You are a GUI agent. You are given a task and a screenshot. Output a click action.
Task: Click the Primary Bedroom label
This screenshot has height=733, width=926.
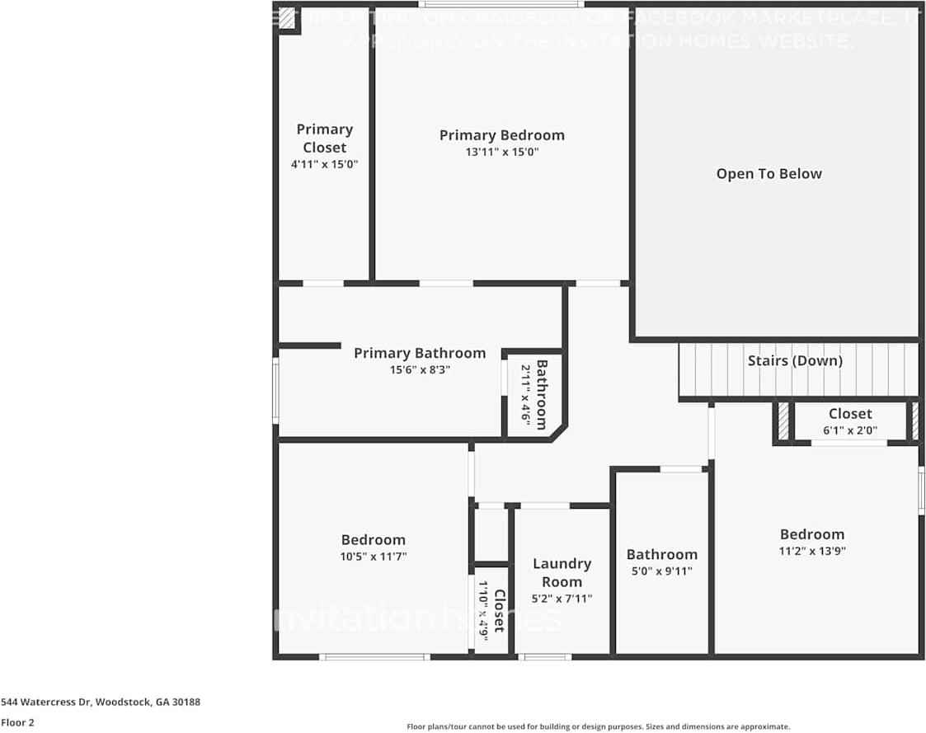tap(501, 135)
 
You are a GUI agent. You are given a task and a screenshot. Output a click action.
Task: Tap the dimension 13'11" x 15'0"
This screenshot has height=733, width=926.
tap(501, 153)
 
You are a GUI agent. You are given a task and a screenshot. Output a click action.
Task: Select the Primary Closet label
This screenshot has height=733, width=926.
tap(324, 138)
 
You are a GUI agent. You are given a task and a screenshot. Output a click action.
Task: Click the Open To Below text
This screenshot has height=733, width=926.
tap(769, 174)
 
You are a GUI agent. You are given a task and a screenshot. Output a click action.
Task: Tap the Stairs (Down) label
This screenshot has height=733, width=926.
tap(795, 361)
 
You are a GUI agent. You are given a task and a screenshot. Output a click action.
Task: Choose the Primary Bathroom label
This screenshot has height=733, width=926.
tap(420, 353)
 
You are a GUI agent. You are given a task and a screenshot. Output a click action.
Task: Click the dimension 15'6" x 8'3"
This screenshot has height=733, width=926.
tap(420, 370)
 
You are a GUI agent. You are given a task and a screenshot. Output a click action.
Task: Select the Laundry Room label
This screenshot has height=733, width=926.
tap(562, 572)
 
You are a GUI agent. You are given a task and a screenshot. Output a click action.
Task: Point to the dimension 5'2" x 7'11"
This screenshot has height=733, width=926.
tap(562, 599)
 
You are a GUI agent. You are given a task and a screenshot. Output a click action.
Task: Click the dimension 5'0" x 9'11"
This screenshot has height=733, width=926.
tap(661, 571)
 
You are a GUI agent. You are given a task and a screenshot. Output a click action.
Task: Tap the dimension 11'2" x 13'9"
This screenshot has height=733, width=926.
tap(812, 551)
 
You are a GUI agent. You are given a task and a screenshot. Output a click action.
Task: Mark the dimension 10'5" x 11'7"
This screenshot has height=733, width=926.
tap(374, 557)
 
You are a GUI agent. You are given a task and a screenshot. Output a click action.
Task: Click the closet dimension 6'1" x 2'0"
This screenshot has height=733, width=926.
tap(849, 430)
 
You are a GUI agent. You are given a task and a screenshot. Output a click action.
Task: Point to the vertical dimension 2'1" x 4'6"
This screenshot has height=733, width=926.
tap(524, 393)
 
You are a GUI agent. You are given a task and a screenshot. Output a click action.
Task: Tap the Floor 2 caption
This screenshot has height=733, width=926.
tap(17, 722)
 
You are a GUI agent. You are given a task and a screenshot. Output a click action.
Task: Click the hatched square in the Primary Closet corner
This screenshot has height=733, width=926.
tap(287, 19)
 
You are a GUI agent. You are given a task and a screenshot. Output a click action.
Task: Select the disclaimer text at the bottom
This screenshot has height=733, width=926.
tap(598, 726)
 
